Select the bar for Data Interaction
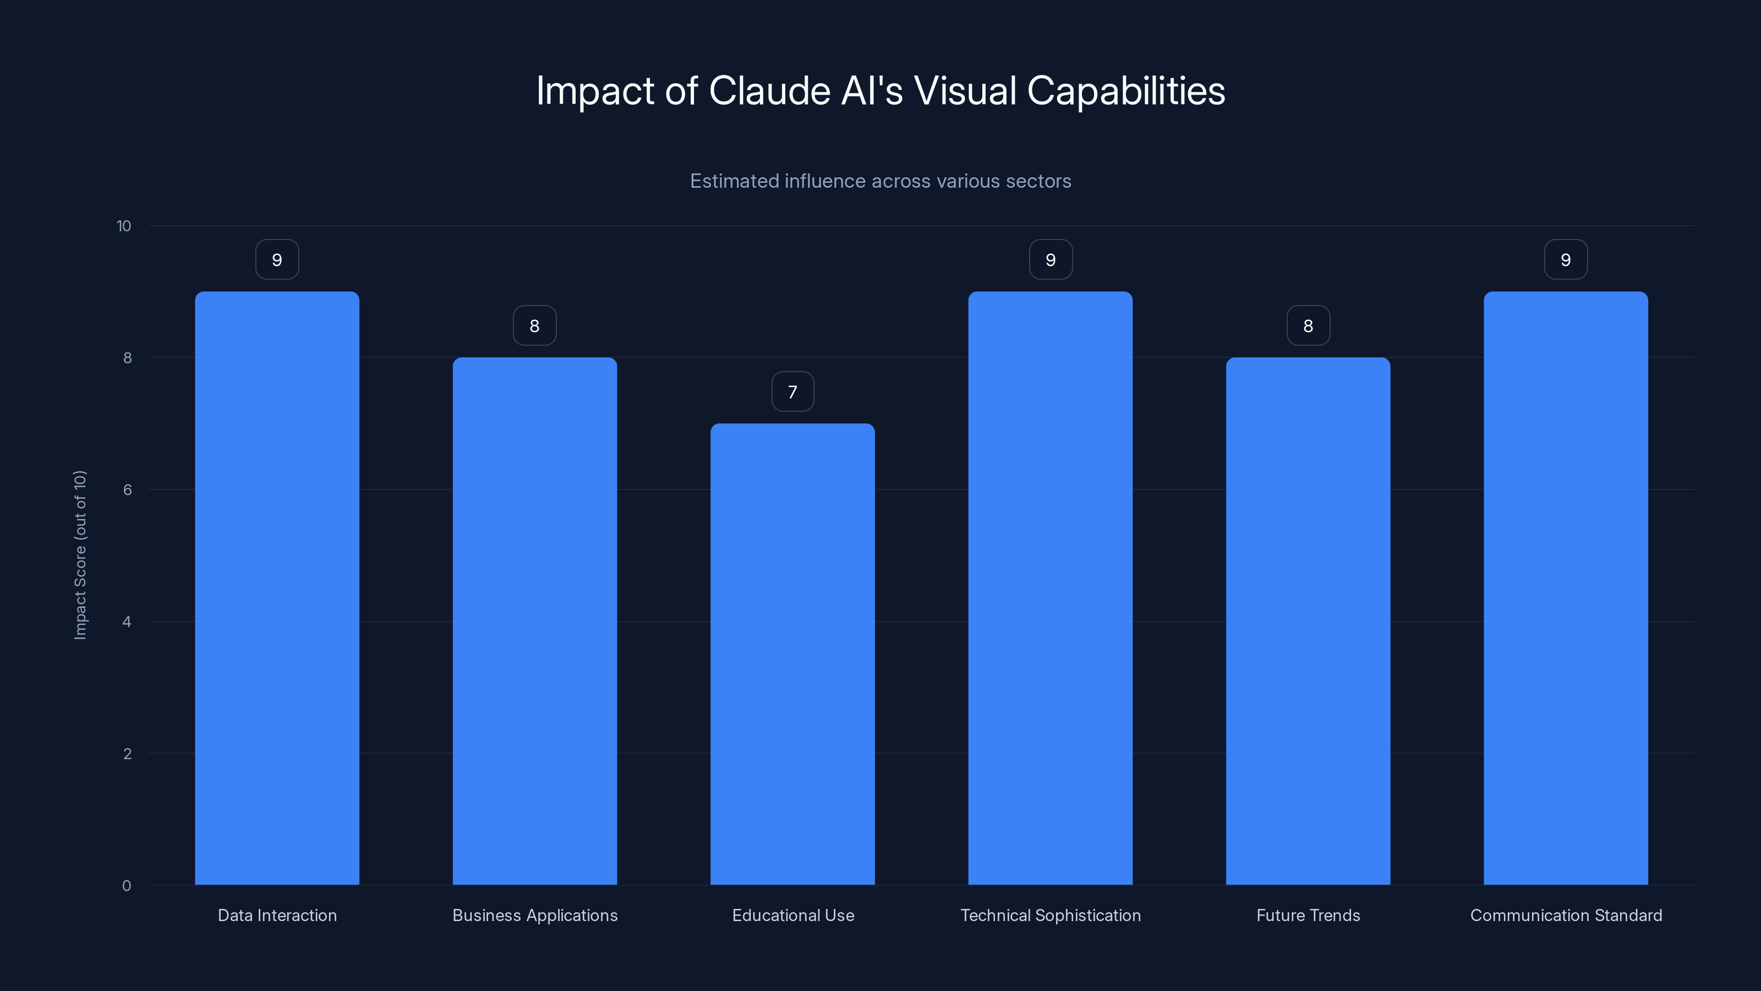point(277,588)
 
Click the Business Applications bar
point(534,621)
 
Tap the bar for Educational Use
point(792,654)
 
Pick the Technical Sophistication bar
point(1050,588)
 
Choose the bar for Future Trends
point(1308,621)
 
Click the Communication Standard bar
point(1566,588)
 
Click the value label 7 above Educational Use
point(792,392)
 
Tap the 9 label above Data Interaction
point(277,260)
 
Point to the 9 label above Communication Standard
point(1566,260)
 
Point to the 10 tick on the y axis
point(124,226)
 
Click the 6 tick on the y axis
point(127,489)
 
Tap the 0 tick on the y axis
point(127,886)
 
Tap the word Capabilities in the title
point(1126,91)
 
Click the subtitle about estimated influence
point(880,181)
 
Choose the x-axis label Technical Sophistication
point(1050,915)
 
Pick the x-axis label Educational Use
point(793,915)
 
